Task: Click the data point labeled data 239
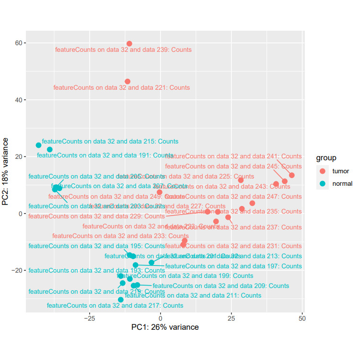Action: click(x=129, y=44)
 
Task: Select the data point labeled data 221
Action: click(x=128, y=82)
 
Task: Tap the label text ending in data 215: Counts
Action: click(x=110, y=142)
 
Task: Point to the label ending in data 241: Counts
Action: click(x=233, y=156)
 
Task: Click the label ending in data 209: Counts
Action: click(x=221, y=286)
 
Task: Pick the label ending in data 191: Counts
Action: click(x=105, y=156)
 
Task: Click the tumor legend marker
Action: click(x=322, y=171)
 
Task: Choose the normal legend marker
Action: click(x=322, y=183)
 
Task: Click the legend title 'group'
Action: click(x=325, y=158)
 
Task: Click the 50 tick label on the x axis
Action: click(x=302, y=318)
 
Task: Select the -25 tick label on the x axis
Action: click(x=89, y=318)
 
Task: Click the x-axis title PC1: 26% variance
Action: click(x=165, y=327)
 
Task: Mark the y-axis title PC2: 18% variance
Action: click(x=6, y=171)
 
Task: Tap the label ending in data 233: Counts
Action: click(x=120, y=236)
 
